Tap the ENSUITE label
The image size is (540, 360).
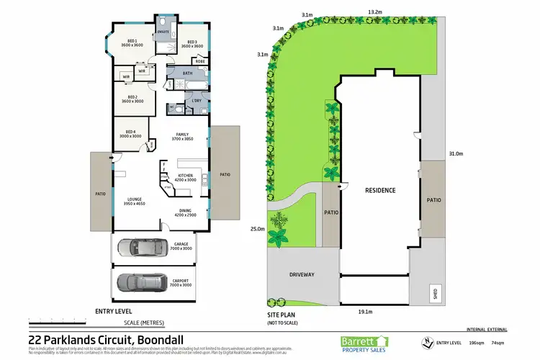[x=163, y=32]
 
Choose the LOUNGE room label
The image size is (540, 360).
[x=135, y=202]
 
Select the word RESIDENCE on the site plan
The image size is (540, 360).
[x=379, y=190]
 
